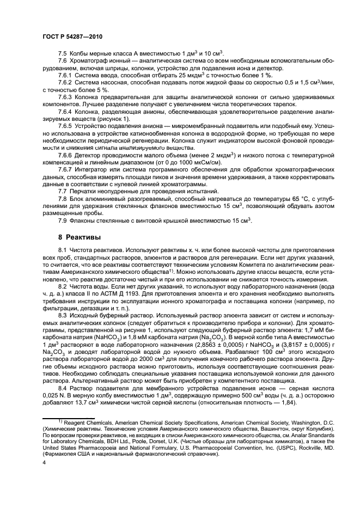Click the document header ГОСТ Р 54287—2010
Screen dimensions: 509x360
click(x=72, y=36)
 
